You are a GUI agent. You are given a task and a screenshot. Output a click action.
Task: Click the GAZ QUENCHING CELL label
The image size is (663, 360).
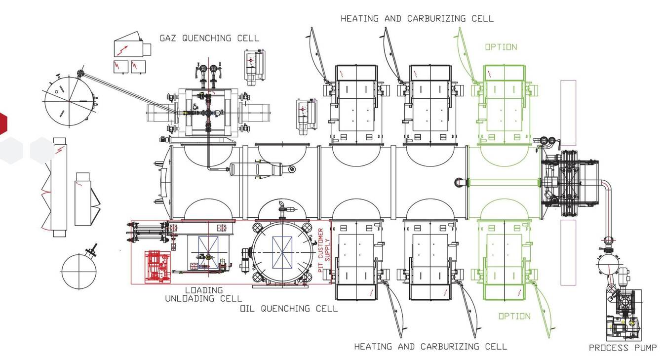pyautogui.click(x=209, y=38)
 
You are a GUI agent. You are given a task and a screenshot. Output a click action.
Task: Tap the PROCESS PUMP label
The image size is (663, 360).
pyautogui.click(x=623, y=348)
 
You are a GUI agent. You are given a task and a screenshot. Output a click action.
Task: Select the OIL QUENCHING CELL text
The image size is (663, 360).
pyautogui.click(x=289, y=309)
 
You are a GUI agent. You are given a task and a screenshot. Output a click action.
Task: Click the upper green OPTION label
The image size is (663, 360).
pyautogui.click(x=501, y=47)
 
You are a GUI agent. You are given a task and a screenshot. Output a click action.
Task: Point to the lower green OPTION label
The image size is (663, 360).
pyautogui.click(x=515, y=316)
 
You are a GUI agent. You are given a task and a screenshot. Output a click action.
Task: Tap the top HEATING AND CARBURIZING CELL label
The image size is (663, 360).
pyautogui.click(x=417, y=18)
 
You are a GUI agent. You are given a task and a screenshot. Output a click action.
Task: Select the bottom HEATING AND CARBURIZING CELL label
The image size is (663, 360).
pyautogui.click(x=430, y=346)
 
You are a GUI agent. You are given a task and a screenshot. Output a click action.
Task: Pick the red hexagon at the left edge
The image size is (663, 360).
pyautogui.click(x=2, y=123)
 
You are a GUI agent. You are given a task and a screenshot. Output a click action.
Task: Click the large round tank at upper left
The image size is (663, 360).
pyautogui.click(x=69, y=101)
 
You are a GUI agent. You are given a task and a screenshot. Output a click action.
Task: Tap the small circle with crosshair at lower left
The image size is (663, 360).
pyautogui.click(x=79, y=272)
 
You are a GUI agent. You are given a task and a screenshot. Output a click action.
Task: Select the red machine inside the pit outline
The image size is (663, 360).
pyautogui.click(x=157, y=267)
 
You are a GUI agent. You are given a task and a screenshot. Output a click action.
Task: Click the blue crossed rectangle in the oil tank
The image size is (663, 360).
pyautogui.click(x=282, y=252)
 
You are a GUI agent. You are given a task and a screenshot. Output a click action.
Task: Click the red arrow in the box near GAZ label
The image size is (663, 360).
pyautogui.click(x=123, y=50)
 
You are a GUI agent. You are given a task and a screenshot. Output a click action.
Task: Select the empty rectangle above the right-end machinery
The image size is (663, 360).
pyautogui.click(x=568, y=113)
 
